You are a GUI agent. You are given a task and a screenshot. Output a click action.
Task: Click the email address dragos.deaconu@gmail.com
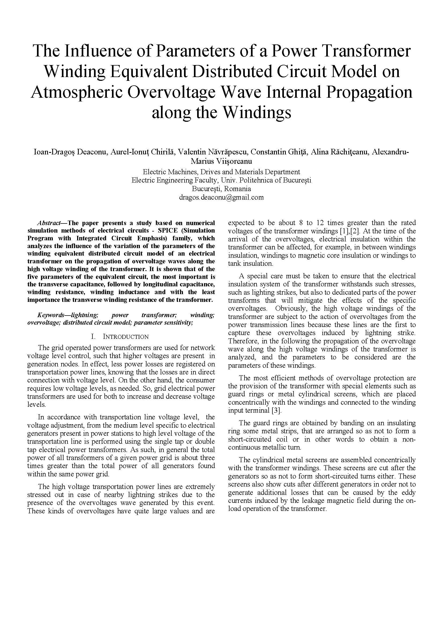tap(221, 198)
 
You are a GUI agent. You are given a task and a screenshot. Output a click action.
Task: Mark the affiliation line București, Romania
tap(221, 189)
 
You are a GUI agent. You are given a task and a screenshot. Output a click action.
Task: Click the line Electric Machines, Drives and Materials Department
tap(221, 172)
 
